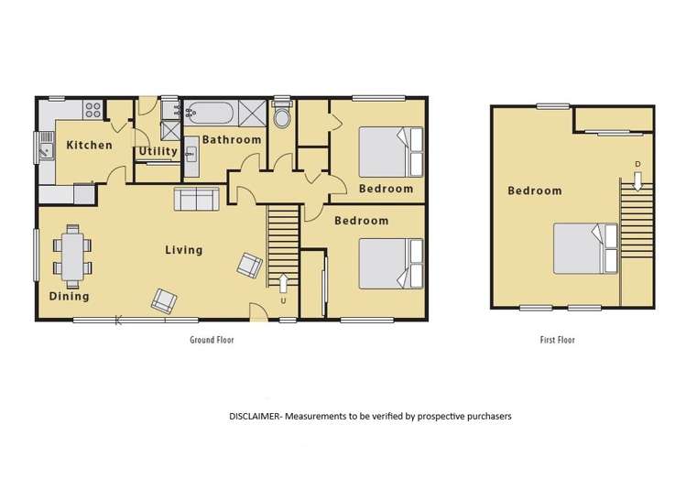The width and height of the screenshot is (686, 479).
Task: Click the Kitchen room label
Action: click(x=90, y=145)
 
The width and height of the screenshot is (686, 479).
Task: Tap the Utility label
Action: click(x=158, y=151)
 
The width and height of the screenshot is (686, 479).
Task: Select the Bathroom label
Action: click(x=232, y=139)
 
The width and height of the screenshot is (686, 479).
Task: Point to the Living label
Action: click(x=184, y=249)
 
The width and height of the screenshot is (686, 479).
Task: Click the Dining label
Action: click(x=70, y=296)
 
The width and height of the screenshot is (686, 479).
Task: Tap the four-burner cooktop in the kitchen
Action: click(x=93, y=110)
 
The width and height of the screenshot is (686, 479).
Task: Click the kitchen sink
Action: click(x=45, y=146)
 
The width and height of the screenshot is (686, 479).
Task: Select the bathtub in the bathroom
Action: click(x=210, y=114)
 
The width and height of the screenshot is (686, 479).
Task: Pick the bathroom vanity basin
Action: click(x=191, y=154)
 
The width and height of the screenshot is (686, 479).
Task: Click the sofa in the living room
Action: click(x=195, y=199)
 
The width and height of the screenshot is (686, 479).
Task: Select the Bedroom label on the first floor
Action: click(x=535, y=191)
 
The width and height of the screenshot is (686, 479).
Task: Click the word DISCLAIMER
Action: click(x=256, y=415)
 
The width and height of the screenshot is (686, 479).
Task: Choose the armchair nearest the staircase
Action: click(x=249, y=265)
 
